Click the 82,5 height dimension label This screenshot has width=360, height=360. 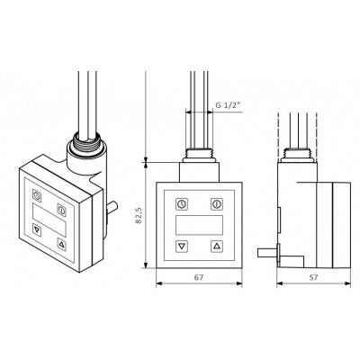(139, 215)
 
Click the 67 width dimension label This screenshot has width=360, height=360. (199, 277)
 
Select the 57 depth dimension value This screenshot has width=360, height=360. (313, 277)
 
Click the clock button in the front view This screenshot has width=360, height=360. (182, 204)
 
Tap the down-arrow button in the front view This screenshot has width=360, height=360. (182, 247)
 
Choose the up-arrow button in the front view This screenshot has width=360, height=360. (217, 247)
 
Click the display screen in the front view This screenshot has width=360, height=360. (199, 225)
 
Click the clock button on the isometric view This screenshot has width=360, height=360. (37, 195)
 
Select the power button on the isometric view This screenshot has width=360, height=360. (61, 210)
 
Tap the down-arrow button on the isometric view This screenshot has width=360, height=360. (37, 229)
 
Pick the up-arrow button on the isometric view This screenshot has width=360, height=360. (62, 245)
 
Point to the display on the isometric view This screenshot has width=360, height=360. (49, 220)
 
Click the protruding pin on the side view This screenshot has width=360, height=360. (267, 253)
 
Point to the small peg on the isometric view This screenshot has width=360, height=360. (112, 208)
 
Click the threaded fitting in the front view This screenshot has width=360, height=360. (199, 155)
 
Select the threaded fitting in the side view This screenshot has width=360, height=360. (298, 155)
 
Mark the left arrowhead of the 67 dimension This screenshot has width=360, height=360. (158, 283)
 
